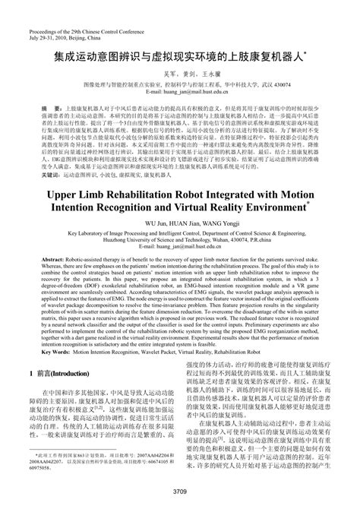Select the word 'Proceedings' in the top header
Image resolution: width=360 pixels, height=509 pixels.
pyautogui.click(x=44, y=8)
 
